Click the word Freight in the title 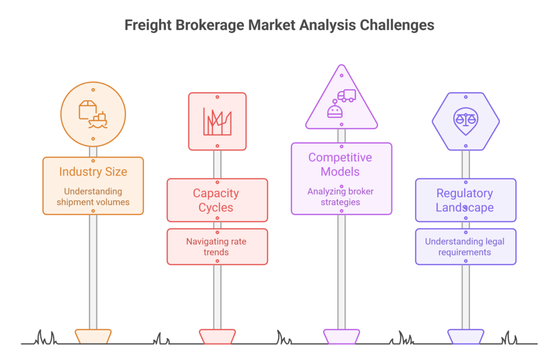145,25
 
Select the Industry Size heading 93,172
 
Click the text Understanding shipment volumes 93,197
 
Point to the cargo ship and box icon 93,114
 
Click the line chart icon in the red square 217,121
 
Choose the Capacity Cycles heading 217,200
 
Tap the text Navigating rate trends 217,247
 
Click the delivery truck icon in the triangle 346,95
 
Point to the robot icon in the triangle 334,110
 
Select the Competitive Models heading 340,165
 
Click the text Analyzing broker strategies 340,197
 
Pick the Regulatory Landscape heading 465,200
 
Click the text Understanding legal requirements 465,247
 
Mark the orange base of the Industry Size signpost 93,336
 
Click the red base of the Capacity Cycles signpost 217,336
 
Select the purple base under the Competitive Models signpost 341,336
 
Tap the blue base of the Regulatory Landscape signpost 466,336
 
